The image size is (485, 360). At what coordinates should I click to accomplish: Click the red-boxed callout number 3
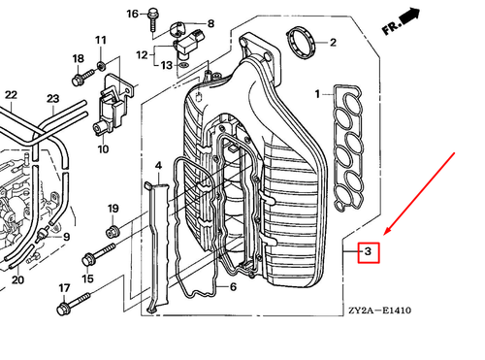pyautogui.click(x=369, y=252)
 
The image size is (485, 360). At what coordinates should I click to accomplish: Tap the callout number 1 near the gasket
pyautogui.click(x=316, y=94)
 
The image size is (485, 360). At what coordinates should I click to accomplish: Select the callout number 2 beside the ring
pyautogui.click(x=333, y=43)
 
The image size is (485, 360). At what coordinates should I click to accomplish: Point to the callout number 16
pyautogui.click(x=133, y=14)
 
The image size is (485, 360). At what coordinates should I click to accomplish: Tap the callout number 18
pyautogui.click(x=78, y=59)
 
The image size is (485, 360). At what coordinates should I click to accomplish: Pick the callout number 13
pyautogui.click(x=167, y=65)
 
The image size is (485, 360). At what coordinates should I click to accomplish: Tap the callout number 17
pyautogui.click(x=64, y=288)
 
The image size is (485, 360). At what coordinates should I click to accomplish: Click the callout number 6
pyautogui.click(x=233, y=287)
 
